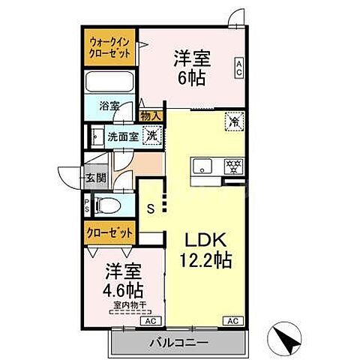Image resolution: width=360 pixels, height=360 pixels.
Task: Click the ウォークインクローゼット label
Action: pos(109,49)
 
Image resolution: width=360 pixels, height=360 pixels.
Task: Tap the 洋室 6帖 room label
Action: pos(190,66)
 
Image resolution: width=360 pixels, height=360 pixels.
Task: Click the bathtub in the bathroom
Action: pos(109,82)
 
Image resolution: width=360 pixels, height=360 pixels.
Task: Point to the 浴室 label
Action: pos(109,106)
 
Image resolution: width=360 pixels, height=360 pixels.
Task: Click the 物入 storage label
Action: pos(149,115)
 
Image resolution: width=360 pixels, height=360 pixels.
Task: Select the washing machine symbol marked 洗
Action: pos(151,136)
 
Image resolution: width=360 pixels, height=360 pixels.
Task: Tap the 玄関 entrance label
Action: pos(94,178)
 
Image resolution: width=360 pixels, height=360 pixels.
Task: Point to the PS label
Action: pos(87,204)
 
